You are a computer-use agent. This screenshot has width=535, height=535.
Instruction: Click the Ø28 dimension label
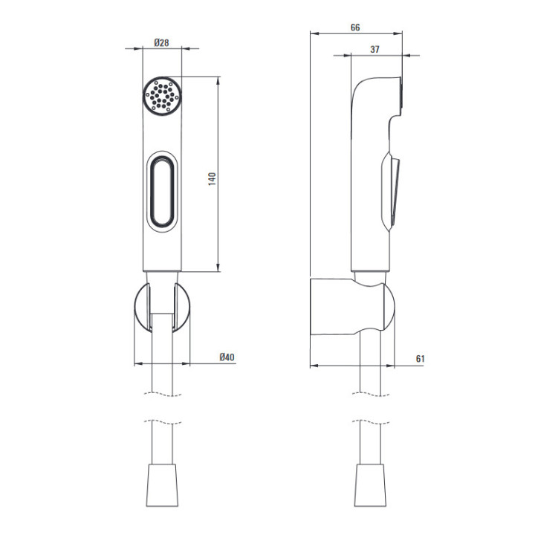tap(161, 42)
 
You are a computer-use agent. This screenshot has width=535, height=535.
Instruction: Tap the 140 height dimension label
tap(213, 179)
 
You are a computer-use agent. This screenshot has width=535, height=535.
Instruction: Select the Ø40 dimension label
tap(227, 357)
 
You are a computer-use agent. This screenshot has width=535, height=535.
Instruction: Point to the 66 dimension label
tap(355, 27)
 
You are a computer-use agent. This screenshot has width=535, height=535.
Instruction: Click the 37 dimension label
tap(374, 50)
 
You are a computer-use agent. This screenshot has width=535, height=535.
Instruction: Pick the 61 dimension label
tap(421, 359)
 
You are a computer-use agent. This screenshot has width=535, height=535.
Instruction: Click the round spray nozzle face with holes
tap(163, 96)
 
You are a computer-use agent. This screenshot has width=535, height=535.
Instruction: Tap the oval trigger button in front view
tap(163, 192)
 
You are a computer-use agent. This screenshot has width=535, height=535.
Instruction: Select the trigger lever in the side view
tap(390, 190)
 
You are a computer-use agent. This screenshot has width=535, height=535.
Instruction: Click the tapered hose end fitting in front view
tap(163, 485)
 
